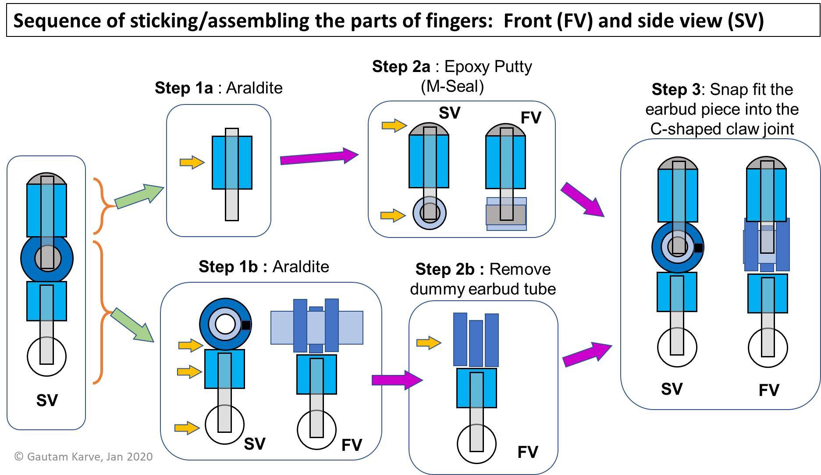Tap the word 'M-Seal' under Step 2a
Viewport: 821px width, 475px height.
[x=452, y=86]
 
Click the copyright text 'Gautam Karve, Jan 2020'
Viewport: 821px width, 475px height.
[x=89, y=457]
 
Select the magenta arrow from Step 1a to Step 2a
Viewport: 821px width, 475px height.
[x=319, y=156]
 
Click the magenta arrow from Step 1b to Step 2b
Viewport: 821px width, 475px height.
[x=396, y=380]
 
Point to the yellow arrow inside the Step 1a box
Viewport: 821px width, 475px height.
[x=192, y=162]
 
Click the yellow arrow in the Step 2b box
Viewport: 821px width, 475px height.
[x=428, y=342]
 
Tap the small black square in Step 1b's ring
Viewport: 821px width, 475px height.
[x=246, y=325]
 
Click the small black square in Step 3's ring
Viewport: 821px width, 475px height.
[x=698, y=248]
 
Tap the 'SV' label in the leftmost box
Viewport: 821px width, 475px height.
[x=47, y=400]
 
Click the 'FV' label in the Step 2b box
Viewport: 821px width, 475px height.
[x=527, y=452]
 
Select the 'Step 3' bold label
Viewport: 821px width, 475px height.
[x=676, y=90]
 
